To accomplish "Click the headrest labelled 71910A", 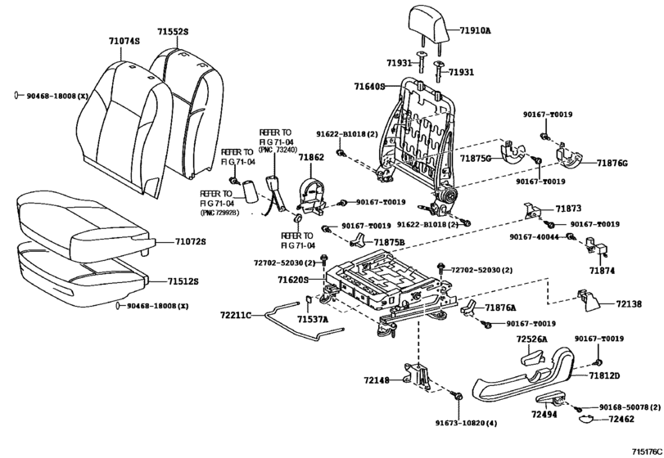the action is click(427, 23).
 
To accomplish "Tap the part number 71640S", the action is click(369, 87).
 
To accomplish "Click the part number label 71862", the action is click(311, 157).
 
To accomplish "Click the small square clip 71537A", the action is click(309, 301).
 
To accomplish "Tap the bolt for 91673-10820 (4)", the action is click(458, 397).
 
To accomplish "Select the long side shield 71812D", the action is click(524, 374).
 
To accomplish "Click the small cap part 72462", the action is click(587, 419).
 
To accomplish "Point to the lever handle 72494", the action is click(550, 399).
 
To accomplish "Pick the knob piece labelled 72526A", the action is click(532, 358).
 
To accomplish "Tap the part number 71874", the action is click(603, 271).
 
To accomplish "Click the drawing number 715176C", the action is click(647, 451).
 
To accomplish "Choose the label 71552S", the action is click(173, 32).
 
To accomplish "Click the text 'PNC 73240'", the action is click(278, 150).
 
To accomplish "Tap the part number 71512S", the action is click(183, 281).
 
